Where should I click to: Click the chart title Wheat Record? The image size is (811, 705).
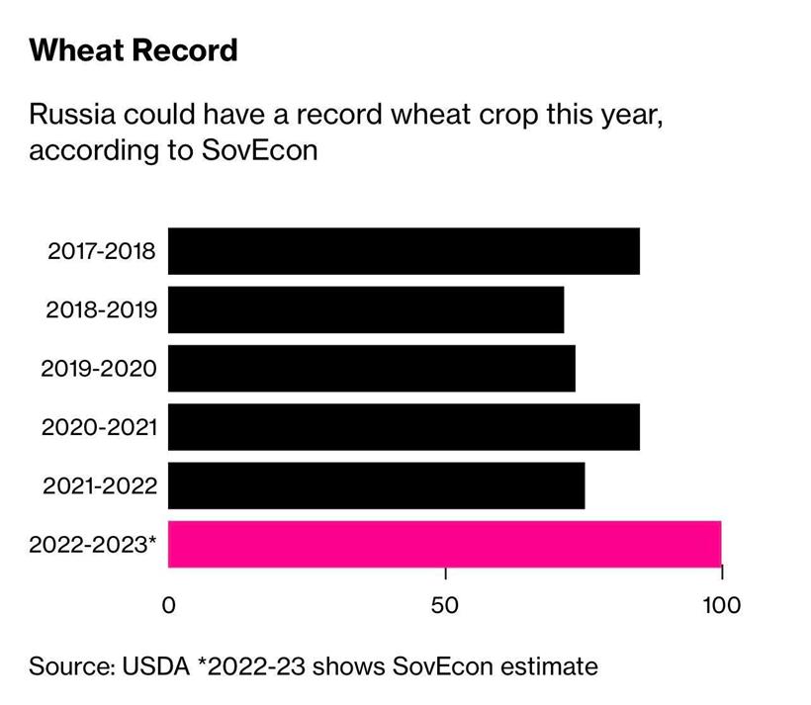(x=134, y=50)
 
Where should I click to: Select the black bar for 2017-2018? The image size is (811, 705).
(x=404, y=251)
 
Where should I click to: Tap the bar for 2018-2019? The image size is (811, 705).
(x=366, y=309)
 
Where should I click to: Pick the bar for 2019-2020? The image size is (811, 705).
(x=372, y=368)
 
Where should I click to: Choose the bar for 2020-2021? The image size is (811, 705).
(x=404, y=427)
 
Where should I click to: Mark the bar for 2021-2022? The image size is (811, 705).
(x=376, y=485)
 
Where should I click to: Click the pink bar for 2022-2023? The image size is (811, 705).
(x=444, y=544)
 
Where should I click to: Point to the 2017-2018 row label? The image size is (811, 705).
(x=101, y=251)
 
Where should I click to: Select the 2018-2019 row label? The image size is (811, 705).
(x=101, y=310)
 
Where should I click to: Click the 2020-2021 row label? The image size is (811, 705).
(x=99, y=427)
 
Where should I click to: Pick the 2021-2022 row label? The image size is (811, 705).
(x=99, y=485)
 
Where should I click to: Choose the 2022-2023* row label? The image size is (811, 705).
(x=93, y=545)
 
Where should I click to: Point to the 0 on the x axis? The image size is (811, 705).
(x=168, y=604)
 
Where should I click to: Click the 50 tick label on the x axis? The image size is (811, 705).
(x=445, y=604)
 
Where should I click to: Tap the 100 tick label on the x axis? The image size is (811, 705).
(x=721, y=604)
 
